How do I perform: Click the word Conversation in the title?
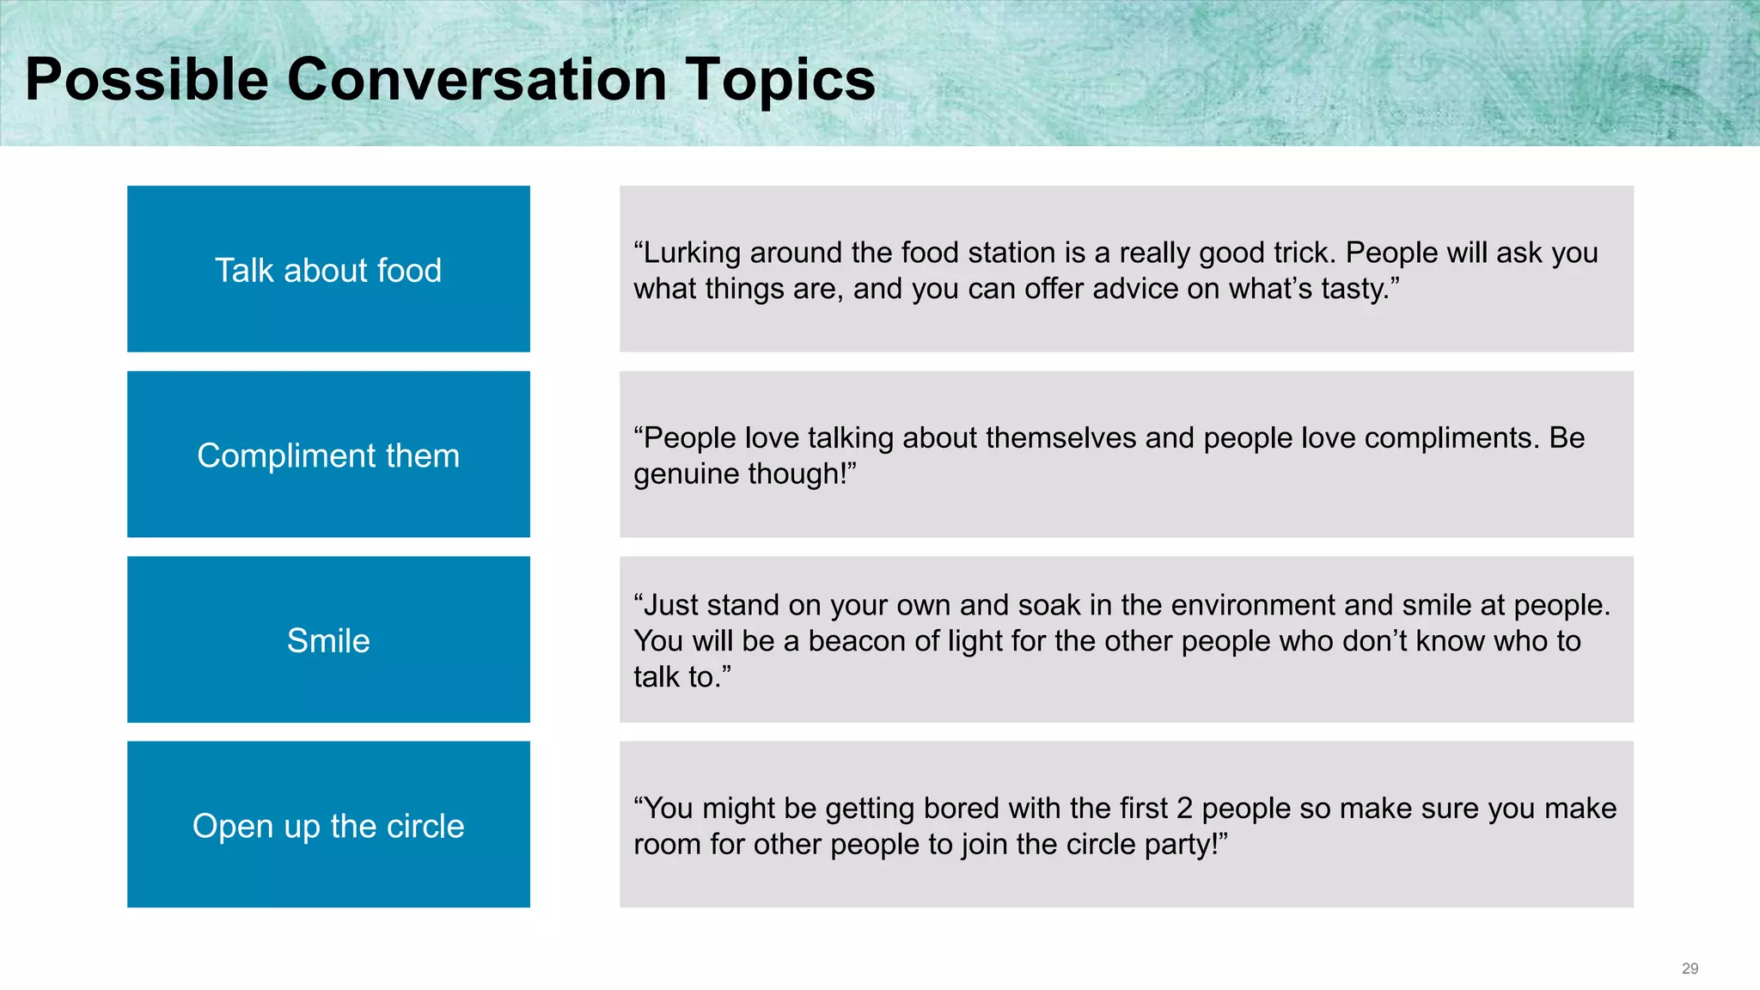tap(476, 80)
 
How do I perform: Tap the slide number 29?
tap(1690, 969)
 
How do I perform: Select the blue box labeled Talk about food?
tap(328, 269)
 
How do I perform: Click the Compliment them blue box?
tap(328, 455)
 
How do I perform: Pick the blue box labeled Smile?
tap(328, 640)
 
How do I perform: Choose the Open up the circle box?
tap(328, 825)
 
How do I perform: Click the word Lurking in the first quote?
tap(692, 254)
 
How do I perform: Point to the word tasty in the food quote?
tap(1353, 290)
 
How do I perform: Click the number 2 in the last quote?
tap(1184, 809)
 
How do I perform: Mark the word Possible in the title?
tap(147, 80)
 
